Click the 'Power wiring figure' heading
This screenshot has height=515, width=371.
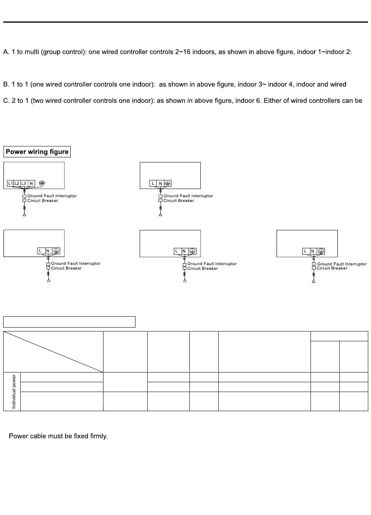(x=37, y=152)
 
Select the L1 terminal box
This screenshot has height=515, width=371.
(x=11, y=184)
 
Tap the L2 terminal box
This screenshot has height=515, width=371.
(x=17, y=184)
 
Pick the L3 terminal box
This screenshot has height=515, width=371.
(x=24, y=184)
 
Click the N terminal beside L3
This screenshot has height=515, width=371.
(x=31, y=184)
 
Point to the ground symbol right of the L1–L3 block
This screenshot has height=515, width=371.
(x=42, y=183)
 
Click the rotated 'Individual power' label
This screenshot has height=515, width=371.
(x=14, y=391)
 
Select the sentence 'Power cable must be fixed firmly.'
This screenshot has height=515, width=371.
(x=58, y=436)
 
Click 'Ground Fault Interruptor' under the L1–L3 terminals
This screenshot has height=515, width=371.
(x=52, y=196)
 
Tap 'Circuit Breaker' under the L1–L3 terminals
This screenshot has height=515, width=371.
(x=43, y=201)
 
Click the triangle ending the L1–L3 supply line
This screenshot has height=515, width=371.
(x=24, y=214)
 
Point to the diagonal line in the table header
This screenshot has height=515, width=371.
(x=53, y=352)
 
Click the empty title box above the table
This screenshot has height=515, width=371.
(x=69, y=322)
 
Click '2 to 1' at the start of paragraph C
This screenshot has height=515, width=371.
(x=18, y=101)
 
